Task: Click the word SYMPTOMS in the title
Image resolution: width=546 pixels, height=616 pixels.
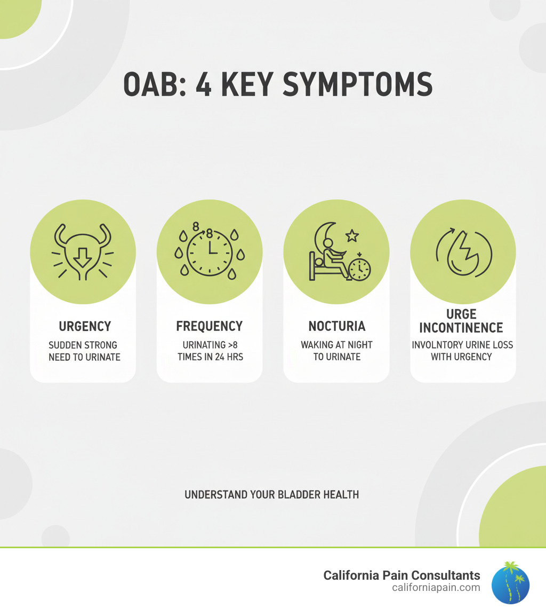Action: (357, 84)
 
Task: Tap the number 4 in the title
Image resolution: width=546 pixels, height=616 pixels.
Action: (204, 84)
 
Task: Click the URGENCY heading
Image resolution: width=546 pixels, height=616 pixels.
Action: (85, 326)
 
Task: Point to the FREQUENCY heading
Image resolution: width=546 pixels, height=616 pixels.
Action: (209, 326)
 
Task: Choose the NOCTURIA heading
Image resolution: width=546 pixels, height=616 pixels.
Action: (337, 326)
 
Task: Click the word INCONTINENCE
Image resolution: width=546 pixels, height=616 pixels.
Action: (461, 328)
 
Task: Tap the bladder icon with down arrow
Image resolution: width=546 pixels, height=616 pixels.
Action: (83, 252)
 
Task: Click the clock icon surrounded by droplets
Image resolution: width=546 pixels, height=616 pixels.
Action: (210, 250)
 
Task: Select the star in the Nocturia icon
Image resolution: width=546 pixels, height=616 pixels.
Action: (352, 236)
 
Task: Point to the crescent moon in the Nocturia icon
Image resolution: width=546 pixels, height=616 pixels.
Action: (324, 238)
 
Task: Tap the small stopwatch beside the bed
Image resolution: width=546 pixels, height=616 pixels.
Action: (359, 268)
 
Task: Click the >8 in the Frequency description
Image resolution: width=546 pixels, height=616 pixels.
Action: (233, 345)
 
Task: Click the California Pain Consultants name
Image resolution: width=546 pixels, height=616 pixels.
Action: (402, 575)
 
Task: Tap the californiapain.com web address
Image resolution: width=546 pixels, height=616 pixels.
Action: (436, 588)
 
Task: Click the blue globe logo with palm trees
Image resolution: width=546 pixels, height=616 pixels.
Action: (510, 583)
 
